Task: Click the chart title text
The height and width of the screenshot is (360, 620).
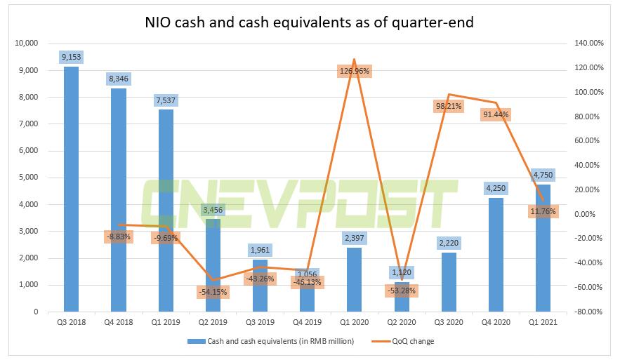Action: point(310,22)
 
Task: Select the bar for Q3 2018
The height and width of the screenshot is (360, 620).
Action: point(71,189)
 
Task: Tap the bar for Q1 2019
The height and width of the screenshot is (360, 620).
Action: point(166,211)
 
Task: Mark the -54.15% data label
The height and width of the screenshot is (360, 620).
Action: point(213,291)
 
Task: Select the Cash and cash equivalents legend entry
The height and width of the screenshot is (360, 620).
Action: point(274,342)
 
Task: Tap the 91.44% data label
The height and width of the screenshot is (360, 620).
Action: point(496,114)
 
